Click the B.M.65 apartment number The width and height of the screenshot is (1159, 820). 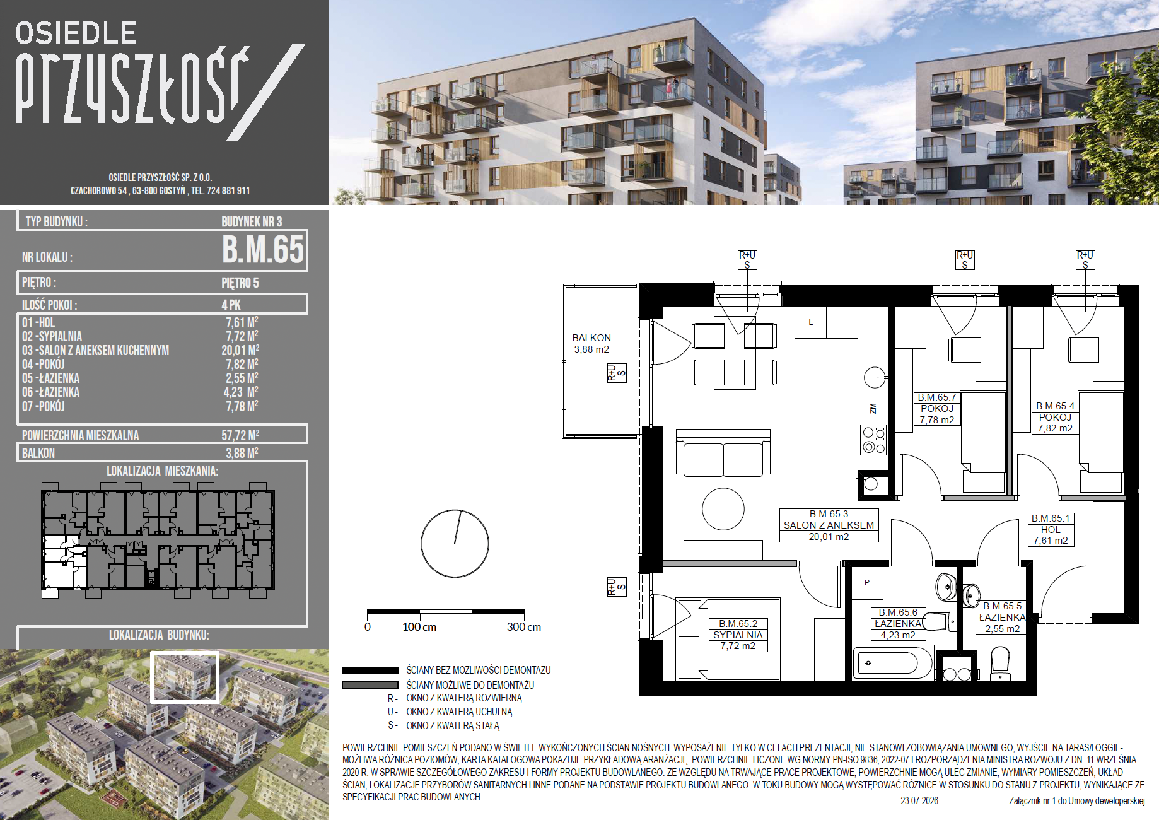(x=264, y=249)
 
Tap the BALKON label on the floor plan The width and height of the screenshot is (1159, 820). (x=591, y=338)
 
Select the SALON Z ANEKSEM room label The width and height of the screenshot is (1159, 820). (x=829, y=525)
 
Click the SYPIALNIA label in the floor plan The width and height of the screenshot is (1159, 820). (x=738, y=635)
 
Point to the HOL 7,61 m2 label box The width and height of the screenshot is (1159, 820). (x=1051, y=529)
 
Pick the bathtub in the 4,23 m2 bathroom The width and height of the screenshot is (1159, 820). (x=892, y=663)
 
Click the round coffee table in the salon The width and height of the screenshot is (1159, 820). (x=723, y=508)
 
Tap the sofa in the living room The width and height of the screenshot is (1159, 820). (x=723, y=454)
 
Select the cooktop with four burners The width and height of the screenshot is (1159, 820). (x=874, y=440)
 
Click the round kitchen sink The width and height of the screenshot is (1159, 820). (x=875, y=378)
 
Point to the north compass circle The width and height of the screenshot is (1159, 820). (x=455, y=543)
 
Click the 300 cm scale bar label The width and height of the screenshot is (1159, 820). (x=524, y=627)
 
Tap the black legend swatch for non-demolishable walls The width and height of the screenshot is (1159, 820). (x=370, y=671)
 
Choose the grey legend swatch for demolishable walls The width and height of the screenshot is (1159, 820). (x=370, y=685)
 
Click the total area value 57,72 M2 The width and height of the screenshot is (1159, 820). (x=240, y=435)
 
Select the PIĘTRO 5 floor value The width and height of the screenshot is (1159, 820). (x=240, y=283)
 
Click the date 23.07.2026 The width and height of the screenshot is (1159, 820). (x=919, y=801)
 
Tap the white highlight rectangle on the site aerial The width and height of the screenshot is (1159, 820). (x=185, y=677)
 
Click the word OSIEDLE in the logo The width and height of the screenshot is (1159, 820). (x=76, y=33)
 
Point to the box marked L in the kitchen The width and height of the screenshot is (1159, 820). (x=810, y=322)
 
